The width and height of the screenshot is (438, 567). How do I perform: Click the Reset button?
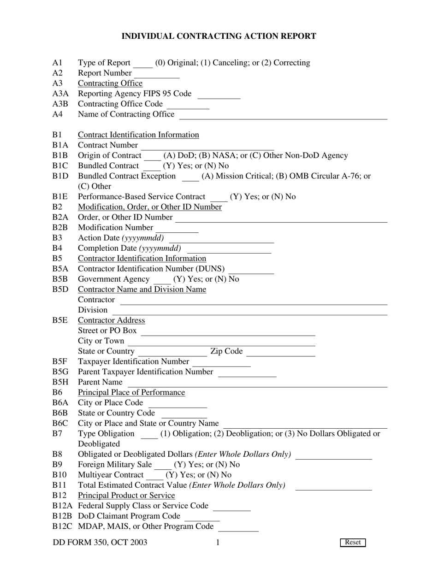click(x=353, y=542)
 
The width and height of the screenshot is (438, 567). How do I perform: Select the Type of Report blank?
click(x=142, y=63)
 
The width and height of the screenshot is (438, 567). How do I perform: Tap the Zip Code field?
click(x=281, y=352)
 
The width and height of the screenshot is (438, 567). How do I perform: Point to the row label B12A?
click(x=63, y=506)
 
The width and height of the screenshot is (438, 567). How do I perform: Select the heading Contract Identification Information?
click(x=138, y=135)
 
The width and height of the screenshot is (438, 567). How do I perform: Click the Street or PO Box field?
click(x=228, y=331)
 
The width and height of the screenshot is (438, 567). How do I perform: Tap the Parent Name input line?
click(x=257, y=383)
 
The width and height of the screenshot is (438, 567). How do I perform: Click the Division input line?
click(x=249, y=310)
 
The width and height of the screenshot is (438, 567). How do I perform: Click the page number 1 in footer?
click(x=218, y=542)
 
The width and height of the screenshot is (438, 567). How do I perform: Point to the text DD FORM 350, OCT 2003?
click(x=100, y=542)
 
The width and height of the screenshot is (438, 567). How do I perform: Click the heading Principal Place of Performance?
click(x=131, y=392)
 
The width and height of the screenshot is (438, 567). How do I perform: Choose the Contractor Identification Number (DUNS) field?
click(x=251, y=269)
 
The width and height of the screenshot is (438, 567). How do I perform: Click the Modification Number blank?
click(x=177, y=228)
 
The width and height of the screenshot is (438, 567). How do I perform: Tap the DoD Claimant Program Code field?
click(x=202, y=516)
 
